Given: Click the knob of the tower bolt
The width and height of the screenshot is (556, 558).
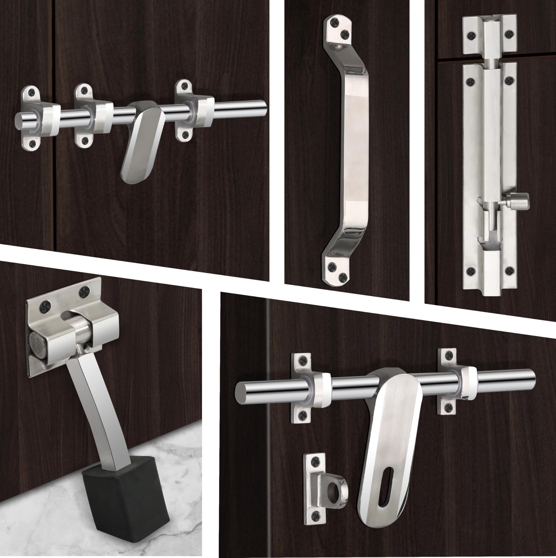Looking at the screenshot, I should click(520, 201).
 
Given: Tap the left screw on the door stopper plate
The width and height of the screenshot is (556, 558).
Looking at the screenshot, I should click(46, 304).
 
